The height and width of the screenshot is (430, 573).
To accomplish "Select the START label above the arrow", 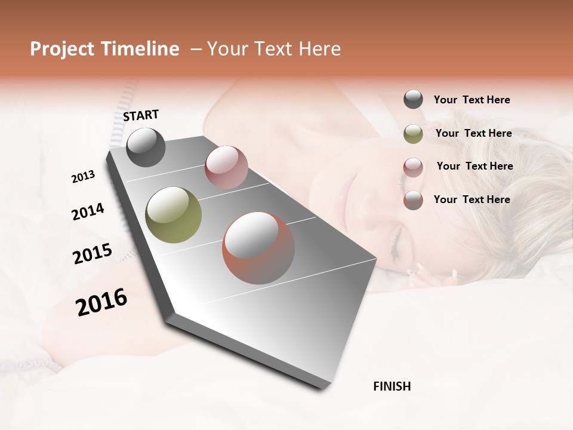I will point(141,115).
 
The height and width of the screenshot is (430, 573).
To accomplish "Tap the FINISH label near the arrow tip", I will point(392,386).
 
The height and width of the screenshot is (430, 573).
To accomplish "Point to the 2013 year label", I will point(83,177).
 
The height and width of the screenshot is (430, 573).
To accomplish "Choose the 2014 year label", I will point(88,211).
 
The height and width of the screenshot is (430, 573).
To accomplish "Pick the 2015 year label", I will point(93,254).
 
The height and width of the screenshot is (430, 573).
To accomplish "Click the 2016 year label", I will point(101,302).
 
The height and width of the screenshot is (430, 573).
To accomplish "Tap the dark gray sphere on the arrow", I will point(146,147).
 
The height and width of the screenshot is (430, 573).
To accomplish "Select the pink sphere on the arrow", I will point(226,167).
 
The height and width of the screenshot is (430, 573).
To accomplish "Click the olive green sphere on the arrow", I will point(173,214).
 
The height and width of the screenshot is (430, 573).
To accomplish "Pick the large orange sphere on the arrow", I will point(258,248).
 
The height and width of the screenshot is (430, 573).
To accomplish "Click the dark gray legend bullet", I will point(413,100).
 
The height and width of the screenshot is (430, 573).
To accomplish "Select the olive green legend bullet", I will point(413,134).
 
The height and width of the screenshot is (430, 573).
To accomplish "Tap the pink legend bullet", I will point(413,167).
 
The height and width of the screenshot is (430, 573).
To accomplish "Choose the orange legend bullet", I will point(413,200).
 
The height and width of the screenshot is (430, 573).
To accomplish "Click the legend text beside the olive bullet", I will point(473,133).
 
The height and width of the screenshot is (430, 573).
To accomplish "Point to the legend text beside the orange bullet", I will point(472,199).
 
